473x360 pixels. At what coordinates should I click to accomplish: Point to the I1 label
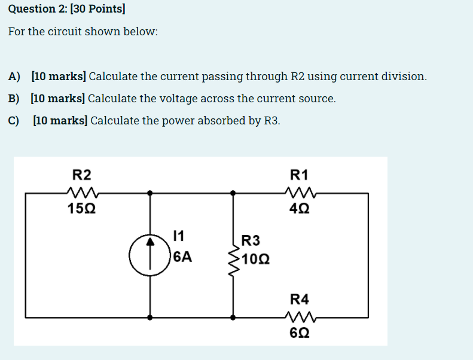point(178,236)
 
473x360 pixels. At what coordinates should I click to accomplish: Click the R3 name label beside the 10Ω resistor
point(251,241)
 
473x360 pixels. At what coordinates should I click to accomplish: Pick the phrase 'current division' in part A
point(375,77)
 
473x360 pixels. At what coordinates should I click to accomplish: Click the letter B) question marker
point(14,99)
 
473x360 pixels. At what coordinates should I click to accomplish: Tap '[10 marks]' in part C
point(60,121)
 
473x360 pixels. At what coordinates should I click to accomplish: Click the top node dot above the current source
point(149,193)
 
